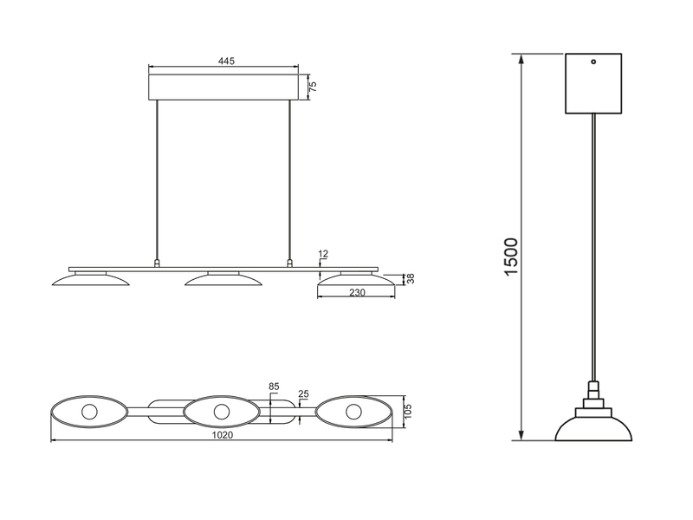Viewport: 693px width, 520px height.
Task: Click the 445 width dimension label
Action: click(x=225, y=62)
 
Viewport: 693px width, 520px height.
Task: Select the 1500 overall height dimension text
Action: click(x=512, y=257)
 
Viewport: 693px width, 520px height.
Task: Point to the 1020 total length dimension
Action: click(x=223, y=436)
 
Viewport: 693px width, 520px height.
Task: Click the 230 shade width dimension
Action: click(x=355, y=293)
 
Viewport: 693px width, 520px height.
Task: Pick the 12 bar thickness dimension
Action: click(x=323, y=255)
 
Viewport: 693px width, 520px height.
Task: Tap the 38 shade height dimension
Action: click(x=411, y=279)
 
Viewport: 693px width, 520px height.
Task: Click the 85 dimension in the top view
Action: click(x=274, y=387)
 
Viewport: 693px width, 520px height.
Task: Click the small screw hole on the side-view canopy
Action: click(x=594, y=62)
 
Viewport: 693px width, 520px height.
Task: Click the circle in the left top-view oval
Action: click(x=90, y=412)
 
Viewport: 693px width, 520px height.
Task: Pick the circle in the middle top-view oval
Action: click(x=222, y=412)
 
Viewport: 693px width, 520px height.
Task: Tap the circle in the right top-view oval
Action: click(x=353, y=412)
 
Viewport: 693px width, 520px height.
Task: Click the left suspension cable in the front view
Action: click(x=157, y=182)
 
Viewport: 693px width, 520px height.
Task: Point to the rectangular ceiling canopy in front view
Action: click(x=223, y=87)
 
